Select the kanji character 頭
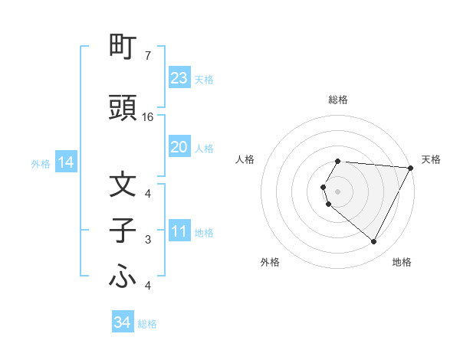click(x=123, y=108)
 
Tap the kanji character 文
click(x=123, y=185)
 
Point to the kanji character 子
click(x=123, y=231)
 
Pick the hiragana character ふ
click(x=123, y=277)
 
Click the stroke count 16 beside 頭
click(x=148, y=117)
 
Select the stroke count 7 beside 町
click(x=147, y=56)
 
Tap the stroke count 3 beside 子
click(x=148, y=240)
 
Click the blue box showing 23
click(x=179, y=78)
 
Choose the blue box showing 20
click(x=179, y=147)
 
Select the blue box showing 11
click(x=179, y=232)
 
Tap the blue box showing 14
click(x=66, y=162)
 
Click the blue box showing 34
click(x=122, y=322)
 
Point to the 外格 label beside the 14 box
click(x=41, y=163)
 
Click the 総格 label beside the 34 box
click(x=147, y=324)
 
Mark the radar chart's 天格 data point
click(x=411, y=168)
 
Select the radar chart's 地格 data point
click(x=374, y=242)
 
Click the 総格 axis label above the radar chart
click(x=338, y=100)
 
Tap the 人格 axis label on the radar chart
click(x=245, y=159)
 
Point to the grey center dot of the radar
click(x=338, y=191)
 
